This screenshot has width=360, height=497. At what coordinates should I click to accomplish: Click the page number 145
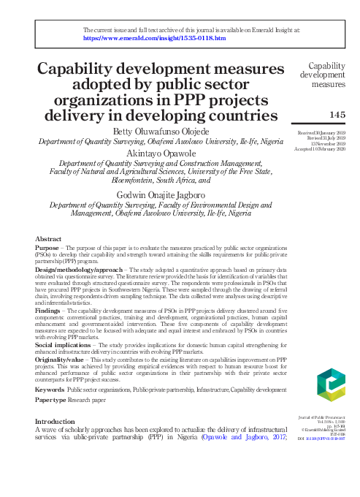[337, 115]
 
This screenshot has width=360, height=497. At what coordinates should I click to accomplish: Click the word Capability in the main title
[86, 69]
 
